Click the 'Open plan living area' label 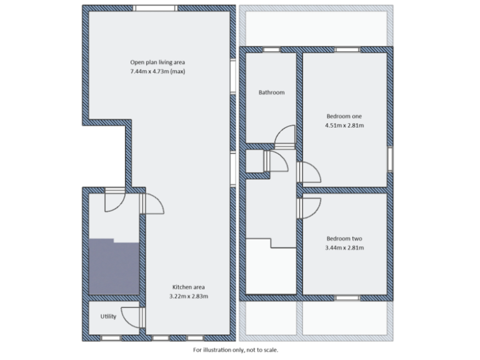(x=157, y=62)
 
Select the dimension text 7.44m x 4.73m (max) (x=157, y=72)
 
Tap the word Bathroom (x=271, y=92)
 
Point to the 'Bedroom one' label (x=344, y=116)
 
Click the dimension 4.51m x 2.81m (x=344, y=126)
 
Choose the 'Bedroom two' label (x=344, y=239)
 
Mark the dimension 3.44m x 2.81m (x=344, y=248)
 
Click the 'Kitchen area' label (x=188, y=287)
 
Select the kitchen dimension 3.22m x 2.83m (x=188, y=296)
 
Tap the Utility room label (x=108, y=317)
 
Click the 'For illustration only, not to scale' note (x=236, y=350)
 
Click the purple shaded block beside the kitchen (x=112, y=267)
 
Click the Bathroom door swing (x=284, y=136)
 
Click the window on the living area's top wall (x=155, y=8)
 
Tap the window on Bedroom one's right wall (x=391, y=159)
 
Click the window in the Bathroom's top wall (x=271, y=49)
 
